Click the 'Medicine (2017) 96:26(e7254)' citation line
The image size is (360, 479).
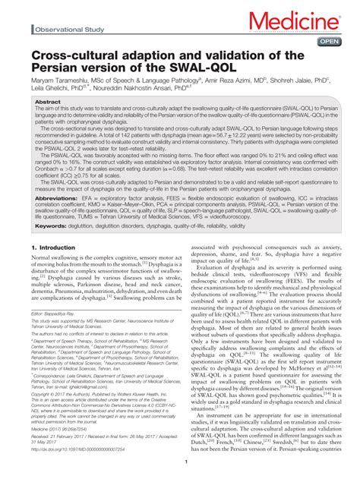pos(67,430)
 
